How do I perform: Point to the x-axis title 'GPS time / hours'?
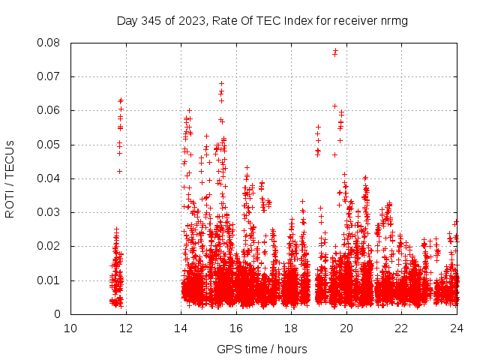coord(262,349)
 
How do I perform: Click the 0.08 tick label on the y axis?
coord(49,43)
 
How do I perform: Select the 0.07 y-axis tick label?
coord(49,76)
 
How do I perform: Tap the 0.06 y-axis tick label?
coord(49,110)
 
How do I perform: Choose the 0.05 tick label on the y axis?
coord(49,145)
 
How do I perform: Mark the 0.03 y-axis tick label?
coord(49,212)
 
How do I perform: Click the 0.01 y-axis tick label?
coord(49,280)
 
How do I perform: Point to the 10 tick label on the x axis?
coord(70,328)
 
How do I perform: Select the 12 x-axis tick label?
coord(125,328)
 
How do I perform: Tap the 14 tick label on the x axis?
coord(181,328)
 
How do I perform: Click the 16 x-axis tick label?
coord(236,328)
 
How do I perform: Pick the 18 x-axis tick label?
coord(291,328)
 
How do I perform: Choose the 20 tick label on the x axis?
coord(346,328)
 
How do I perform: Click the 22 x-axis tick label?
coord(402,328)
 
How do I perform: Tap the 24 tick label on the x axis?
coord(457,328)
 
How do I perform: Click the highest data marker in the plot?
coord(335,51)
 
